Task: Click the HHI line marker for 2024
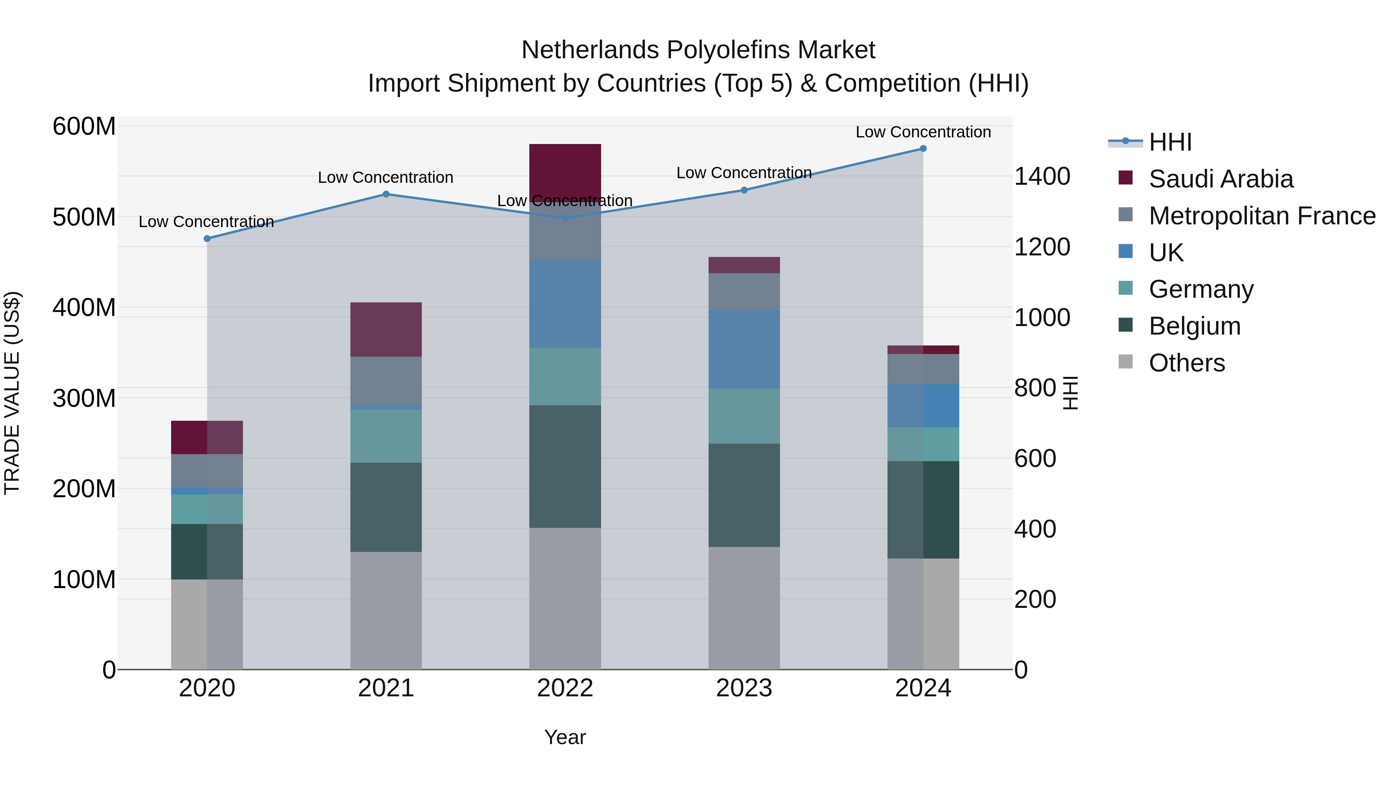pos(923,149)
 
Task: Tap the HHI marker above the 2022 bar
pos(565,218)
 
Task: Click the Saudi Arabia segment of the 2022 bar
pos(565,168)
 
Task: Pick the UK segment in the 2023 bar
pos(744,349)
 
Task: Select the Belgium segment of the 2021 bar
pos(386,507)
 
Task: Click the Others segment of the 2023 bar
pos(744,607)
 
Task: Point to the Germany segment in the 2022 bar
pos(565,377)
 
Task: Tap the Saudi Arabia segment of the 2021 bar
pos(386,329)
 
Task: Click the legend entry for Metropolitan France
pos(1262,216)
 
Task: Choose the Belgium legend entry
pos(1194,326)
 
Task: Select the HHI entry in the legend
pos(1170,142)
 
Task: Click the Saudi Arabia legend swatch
pos(1126,178)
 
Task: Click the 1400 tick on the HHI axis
pos(1042,176)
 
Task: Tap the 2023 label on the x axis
pos(744,688)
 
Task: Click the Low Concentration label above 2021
pos(386,177)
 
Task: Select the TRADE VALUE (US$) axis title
pos(12,393)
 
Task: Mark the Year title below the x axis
pos(565,737)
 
